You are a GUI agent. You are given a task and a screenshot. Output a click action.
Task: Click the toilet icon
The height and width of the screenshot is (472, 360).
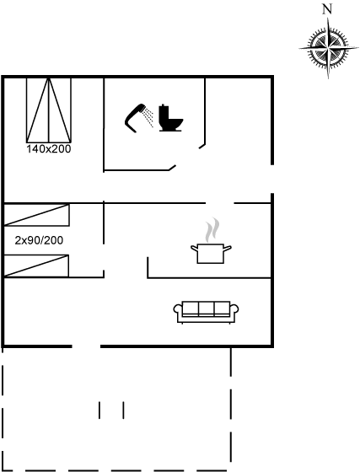tap(170, 118)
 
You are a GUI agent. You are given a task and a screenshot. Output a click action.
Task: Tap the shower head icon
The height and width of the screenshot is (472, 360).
tap(135, 118)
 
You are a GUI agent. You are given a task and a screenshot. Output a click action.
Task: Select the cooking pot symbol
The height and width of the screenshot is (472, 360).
tap(211, 253)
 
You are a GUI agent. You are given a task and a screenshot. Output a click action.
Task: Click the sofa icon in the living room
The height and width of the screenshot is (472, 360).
tap(207, 312)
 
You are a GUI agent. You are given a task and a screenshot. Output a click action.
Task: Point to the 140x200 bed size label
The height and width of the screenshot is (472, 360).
tap(49, 149)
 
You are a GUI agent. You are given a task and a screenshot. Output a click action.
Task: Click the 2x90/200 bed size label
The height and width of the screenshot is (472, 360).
tap(39, 240)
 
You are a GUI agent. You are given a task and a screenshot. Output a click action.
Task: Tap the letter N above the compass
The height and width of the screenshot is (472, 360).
tap(327, 9)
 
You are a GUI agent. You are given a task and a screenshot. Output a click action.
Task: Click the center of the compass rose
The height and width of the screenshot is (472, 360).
tap(328, 47)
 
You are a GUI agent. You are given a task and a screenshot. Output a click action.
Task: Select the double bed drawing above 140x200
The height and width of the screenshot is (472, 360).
tap(49, 110)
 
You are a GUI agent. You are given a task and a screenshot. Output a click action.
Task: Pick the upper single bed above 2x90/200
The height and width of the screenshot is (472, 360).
tap(37, 215)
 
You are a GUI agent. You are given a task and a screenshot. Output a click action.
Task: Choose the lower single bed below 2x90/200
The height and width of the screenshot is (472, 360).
tap(36, 265)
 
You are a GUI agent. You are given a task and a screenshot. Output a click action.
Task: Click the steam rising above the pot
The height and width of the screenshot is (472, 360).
tap(212, 229)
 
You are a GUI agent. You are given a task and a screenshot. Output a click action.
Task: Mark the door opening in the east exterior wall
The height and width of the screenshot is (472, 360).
tap(272, 179)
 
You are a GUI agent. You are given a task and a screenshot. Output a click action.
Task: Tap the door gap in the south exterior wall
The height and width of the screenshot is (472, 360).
tap(86, 346)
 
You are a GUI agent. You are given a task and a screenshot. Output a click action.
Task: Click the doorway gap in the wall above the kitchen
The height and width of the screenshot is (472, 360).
tap(220, 203)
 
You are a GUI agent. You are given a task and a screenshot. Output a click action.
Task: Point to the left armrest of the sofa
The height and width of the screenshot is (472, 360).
tap(178, 310)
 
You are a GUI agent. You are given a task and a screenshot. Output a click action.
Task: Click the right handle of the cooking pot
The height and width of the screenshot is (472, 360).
tap(228, 248)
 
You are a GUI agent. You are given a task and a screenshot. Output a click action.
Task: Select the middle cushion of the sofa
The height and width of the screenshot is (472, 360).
tap(207, 308)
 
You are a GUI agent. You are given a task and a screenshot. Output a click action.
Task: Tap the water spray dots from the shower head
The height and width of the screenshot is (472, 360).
tap(148, 116)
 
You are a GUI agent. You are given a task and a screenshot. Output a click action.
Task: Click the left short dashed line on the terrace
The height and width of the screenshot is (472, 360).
tap(99, 410)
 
